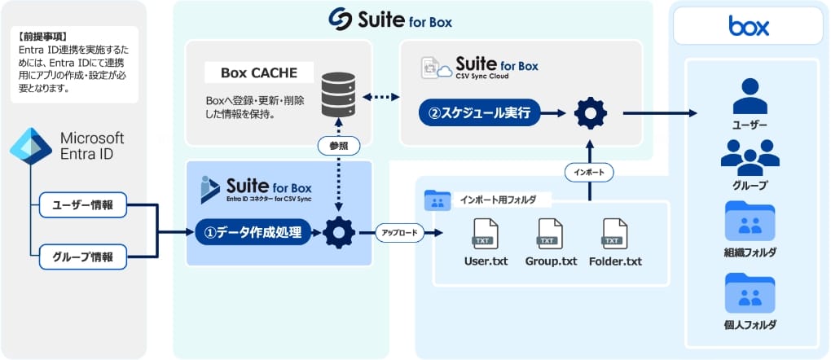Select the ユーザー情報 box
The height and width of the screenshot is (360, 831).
pyautogui.click(x=83, y=205)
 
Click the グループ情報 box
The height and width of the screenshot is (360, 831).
pyautogui.click(x=83, y=257)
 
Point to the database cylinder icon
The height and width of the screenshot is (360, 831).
pyautogui.click(x=338, y=95)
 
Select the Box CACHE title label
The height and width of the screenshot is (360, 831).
pyautogui.click(x=258, y=73)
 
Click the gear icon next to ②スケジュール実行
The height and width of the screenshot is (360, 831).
pyautogui.click(x=590, y=114)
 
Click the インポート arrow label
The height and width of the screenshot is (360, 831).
pyautogui.click(x=589, y=173)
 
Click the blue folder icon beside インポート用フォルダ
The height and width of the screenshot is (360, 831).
pyautogui.click(x=437, y=200)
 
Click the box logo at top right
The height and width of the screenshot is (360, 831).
pyautogui.click(x=749, y=28)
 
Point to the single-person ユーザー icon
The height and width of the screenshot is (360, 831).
pyautogui.click(x=750, y=95)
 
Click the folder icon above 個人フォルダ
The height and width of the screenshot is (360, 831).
pyautogui.click(x=750, y=292)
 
